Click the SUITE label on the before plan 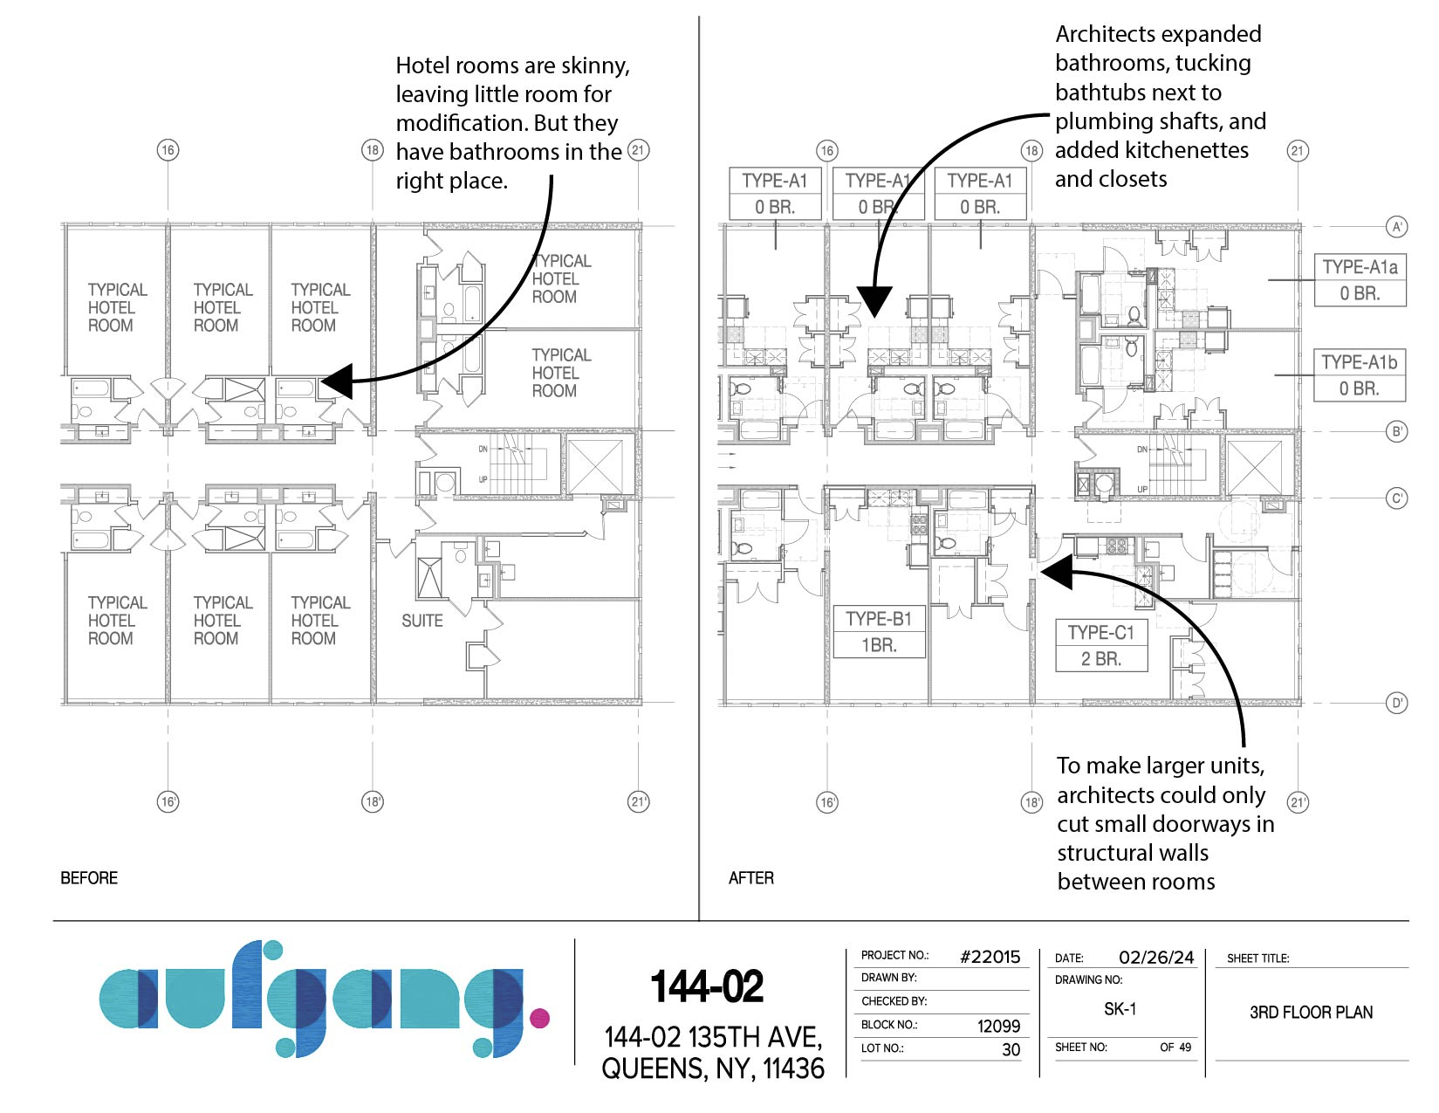coord(421,621)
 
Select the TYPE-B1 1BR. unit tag coord(879,632)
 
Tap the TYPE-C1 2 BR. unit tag coord(1101,646)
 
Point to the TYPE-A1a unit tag coord(1360,279)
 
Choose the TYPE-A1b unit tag coord(1360,374)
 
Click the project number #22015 coord(990,956)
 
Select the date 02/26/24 coord(1156,957)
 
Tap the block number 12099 coord(998,1026)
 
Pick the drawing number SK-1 coord(1120,1008)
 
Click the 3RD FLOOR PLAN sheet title coord(1312,1012)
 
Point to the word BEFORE coord(89,877)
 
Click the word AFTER coord(751,877)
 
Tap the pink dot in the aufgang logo coord(539,1017)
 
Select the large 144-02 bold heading coord(707,986)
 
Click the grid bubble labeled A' coord(1396,227)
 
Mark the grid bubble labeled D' coord(1396,703)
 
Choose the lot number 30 coord(1011,1049)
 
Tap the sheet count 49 coord(1184,1047)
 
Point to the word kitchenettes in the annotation coord(1152,150)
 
